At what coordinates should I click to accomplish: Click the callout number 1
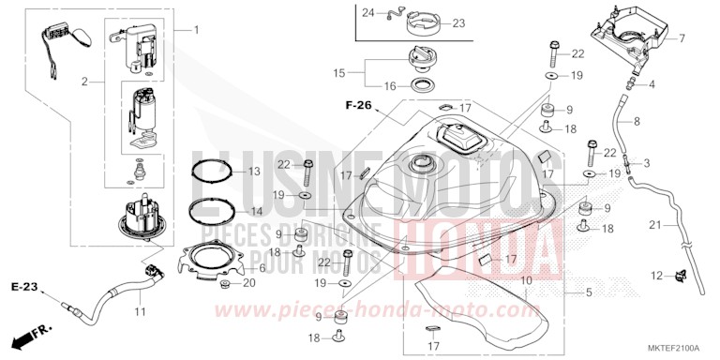pos(197,31)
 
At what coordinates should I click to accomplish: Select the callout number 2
pos(85,82)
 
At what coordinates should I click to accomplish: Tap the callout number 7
pos(682,38)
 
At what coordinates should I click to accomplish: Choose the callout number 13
pos(254,172)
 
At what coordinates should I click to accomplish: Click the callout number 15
pos(340,71)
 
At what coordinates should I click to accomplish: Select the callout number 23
pos(458,23)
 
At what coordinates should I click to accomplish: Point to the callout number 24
pos(368,13)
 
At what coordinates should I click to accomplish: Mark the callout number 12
pos(660,275)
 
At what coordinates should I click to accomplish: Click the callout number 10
pos(527,279)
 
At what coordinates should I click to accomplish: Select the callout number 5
pos(589,292)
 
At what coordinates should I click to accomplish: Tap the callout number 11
pos(139,309)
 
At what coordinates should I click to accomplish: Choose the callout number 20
pos(248,283)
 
